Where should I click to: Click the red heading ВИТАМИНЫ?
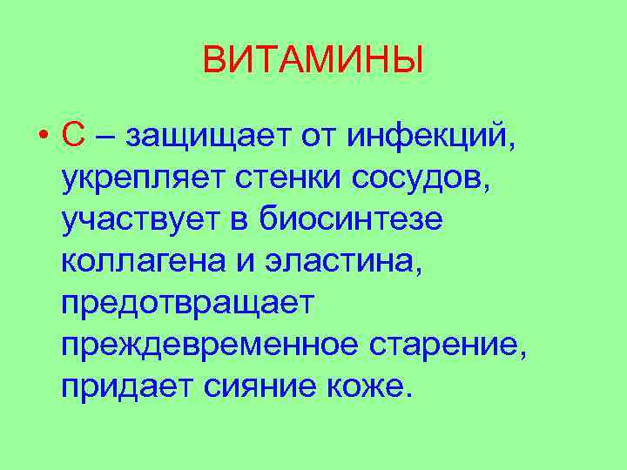pos(313,61)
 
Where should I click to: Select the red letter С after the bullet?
pos(73,136)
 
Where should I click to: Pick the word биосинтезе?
pos(351,220)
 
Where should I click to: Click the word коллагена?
pos(144,262)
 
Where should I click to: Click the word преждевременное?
pos(210,346)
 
